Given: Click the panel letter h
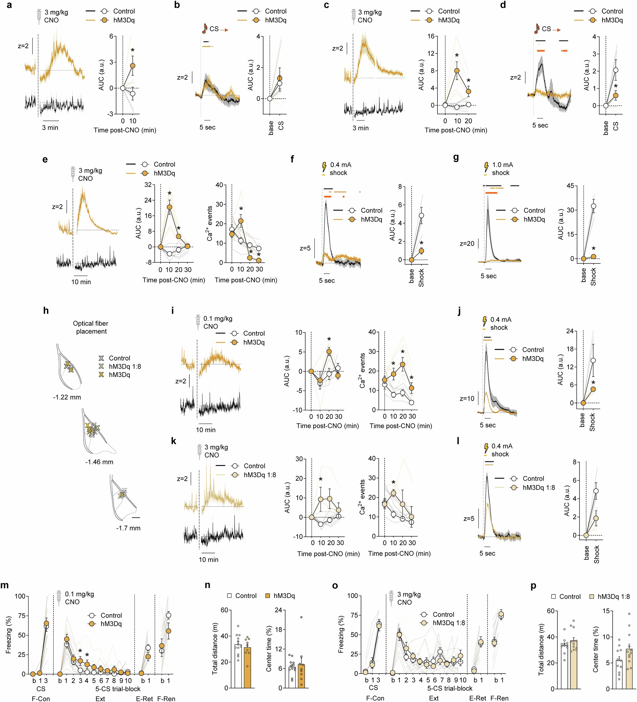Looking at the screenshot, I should [x=46, y=310].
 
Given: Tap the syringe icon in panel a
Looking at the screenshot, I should [x=39, y=16].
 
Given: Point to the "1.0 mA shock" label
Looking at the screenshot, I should [x=502, y=169].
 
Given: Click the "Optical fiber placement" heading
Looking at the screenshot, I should [x=91, y=327].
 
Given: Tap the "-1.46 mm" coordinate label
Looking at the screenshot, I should [x=99, y=462].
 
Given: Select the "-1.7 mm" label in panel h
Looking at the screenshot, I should [x=128, y=528].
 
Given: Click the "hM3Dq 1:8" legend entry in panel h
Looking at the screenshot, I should [x=125, y=366].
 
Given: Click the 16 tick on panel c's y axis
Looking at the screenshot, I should [x=431, y=36].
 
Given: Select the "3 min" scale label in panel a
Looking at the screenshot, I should [x=50, y=128].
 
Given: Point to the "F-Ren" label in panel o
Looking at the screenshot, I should [x=499, y=698].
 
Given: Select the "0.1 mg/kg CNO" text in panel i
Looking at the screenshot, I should [x=217, y=322].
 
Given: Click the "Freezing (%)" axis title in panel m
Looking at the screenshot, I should [x=9, y=634].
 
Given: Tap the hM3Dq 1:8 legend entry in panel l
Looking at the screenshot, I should [x=539, y=487].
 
